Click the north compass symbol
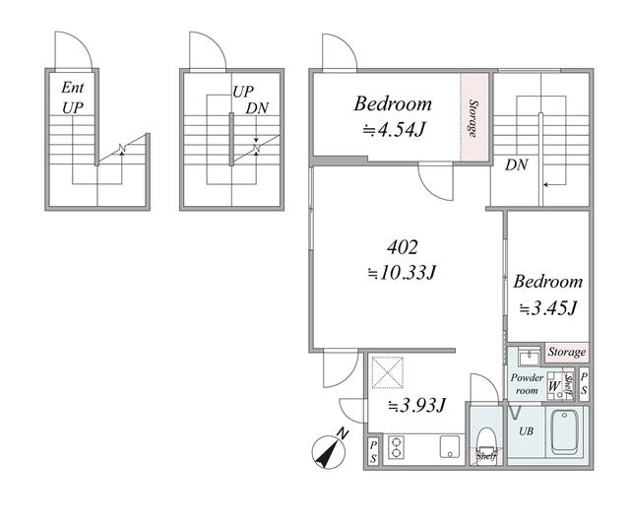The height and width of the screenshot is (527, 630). tap(329, 451)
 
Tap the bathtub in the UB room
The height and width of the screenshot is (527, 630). tap(565, 431)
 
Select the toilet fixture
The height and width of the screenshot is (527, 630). tap(486, 441)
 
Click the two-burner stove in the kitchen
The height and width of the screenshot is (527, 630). tap(396, 447)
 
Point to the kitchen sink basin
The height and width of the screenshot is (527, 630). tap(449, 446)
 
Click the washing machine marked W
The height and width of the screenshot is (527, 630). tap(556, 387)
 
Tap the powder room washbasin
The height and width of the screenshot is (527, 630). tap(530, 357)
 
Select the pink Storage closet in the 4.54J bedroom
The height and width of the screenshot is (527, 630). tap(474, 117)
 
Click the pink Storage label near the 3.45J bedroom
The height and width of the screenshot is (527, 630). tap(567, 352)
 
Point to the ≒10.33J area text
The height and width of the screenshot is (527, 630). tap(403, 273)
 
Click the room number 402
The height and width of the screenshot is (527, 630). tap(403, 247)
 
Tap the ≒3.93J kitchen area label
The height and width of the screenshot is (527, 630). tap(416, 405)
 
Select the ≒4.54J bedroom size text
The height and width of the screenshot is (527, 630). tap(394, 129)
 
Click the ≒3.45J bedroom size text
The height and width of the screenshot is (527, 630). tap(548, 308)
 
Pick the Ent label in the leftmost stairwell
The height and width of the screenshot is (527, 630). tap(73, 88)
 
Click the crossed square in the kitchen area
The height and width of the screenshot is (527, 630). tap(387, 372)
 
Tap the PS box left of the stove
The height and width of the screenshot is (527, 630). tap(373, 451)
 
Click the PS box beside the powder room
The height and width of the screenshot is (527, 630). tap(584, 383)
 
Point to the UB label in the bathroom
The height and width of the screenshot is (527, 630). tap(526, 431)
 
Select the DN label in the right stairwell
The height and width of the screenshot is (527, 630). tap(516, 165)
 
